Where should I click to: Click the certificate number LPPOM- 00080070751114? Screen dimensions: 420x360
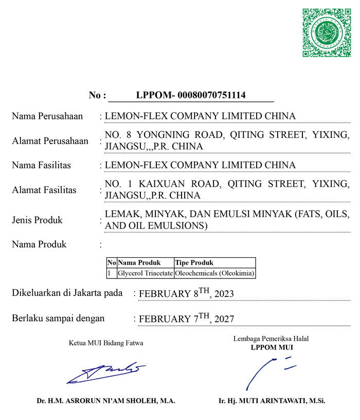(191, 95)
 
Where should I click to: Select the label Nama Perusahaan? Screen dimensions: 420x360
(47, 116)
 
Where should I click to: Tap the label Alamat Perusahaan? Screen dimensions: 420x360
(50, 141)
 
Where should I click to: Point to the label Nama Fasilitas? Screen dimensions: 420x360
(41, 165)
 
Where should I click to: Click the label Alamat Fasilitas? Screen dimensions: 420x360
(44, 190)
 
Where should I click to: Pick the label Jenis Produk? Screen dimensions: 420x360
(37, 220)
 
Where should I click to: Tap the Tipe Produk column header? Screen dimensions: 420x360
(194, 262)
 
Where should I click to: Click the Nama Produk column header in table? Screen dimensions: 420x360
(139, 262)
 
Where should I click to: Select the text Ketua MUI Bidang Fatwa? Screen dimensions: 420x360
(106, 343)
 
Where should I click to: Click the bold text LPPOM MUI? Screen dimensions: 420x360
(271, 347)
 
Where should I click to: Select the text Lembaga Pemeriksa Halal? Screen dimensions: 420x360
(271, 339)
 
